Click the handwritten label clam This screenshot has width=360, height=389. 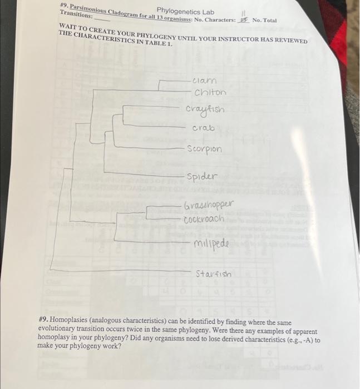204,81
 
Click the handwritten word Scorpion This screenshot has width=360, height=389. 204,149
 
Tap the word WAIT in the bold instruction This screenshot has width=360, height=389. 69,27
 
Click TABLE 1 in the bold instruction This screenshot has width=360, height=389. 158,43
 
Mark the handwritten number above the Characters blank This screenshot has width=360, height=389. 243,12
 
